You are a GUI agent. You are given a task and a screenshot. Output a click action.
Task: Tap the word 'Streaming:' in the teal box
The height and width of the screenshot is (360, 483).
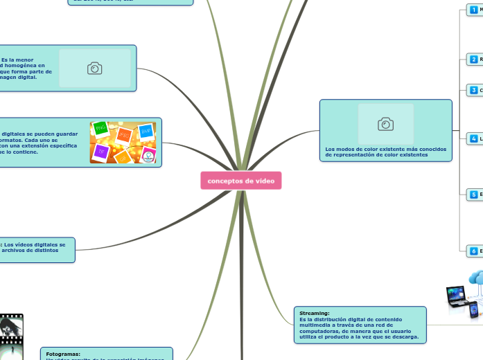click(x=315, y=313)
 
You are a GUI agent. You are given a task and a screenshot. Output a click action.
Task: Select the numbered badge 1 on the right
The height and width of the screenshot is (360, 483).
click(x=473, y=9)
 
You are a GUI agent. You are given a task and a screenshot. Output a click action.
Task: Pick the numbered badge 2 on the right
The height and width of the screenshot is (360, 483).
click(x=473, y=60)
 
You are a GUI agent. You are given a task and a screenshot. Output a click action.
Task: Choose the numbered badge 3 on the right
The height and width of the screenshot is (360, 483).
click(x=473, y=90)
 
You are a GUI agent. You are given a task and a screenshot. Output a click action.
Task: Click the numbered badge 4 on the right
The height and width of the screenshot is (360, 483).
click(x=473, y=138)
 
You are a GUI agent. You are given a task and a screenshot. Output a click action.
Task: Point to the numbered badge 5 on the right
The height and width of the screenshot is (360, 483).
click(x=473, y=195)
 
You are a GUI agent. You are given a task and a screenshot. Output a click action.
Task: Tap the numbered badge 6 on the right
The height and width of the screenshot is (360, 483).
click(x=473, y=251)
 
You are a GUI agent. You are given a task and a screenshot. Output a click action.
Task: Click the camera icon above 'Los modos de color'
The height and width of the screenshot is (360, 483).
click(x=386, y=124)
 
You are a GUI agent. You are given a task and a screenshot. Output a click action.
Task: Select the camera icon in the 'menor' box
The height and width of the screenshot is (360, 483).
click(x=95, y=68)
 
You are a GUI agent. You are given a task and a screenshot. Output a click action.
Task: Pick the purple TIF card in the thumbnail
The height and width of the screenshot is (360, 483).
click(x=102, y=152)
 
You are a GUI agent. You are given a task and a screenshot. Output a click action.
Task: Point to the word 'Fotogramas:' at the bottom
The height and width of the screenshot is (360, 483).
click(x=63, y=354)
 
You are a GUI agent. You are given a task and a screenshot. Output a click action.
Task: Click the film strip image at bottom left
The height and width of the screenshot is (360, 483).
click(x=11, y=337)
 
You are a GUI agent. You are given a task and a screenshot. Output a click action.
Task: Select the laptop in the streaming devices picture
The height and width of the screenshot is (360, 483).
click(x=458, y=295)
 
